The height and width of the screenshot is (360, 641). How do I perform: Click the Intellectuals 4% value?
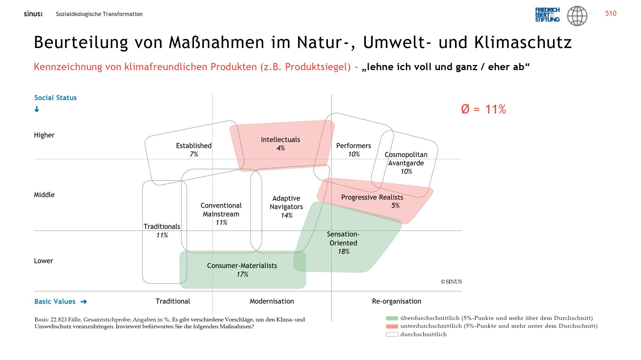[x=281, y=148]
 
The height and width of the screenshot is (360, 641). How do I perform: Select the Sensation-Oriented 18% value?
[x=344, y=251]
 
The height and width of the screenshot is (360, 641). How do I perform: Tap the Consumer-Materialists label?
[x=242, y=266]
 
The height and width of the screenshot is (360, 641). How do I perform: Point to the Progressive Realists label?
[x=372, y=197]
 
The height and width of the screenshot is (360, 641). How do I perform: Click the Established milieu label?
[x=194, y=146]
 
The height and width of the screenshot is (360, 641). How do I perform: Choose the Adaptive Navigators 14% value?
[x=287, y=215]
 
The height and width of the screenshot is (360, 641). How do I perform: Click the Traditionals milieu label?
[x=162, y=226]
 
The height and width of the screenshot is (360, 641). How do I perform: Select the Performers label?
[x=354, y=146]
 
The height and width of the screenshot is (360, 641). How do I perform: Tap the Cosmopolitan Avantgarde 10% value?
[x=406, y=171]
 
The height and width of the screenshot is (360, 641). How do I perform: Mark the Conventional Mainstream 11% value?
[x=221, y=222]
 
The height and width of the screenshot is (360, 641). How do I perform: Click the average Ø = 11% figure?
[x=483, y=110]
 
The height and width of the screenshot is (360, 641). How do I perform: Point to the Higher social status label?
[x=44, y=135]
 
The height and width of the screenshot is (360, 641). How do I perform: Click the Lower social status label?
[x=44, y=261]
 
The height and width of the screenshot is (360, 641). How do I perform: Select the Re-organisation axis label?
[x=396, y=301]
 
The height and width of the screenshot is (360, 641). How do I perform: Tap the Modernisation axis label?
[x=272, y=301]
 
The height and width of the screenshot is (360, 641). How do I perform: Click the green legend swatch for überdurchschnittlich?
[x=392, y=318]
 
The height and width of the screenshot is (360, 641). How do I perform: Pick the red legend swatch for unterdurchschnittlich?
[x=392, y=326]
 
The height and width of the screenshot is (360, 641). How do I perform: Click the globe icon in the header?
[x=577, y=16]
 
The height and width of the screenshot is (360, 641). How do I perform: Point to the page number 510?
[x=611, y=13]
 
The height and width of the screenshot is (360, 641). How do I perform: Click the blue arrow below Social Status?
[x=37, y=109]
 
